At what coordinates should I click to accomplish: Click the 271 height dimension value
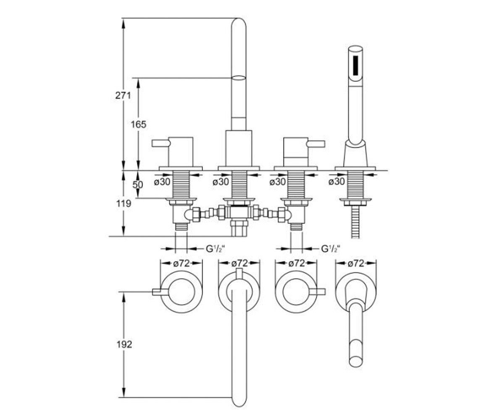[123, 96]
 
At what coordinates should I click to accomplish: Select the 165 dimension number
[139, 124]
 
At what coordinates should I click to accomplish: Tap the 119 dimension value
[124, 203]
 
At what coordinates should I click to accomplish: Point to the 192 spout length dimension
[124, 344]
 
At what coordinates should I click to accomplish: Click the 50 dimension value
[138, 185]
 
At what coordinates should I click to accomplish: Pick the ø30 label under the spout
[220, 182]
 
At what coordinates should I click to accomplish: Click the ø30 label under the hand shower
[336, 181]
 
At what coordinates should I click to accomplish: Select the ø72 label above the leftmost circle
[181, 263]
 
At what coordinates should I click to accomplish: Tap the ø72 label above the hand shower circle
[356, 263]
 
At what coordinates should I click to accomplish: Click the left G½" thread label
[215, 249]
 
